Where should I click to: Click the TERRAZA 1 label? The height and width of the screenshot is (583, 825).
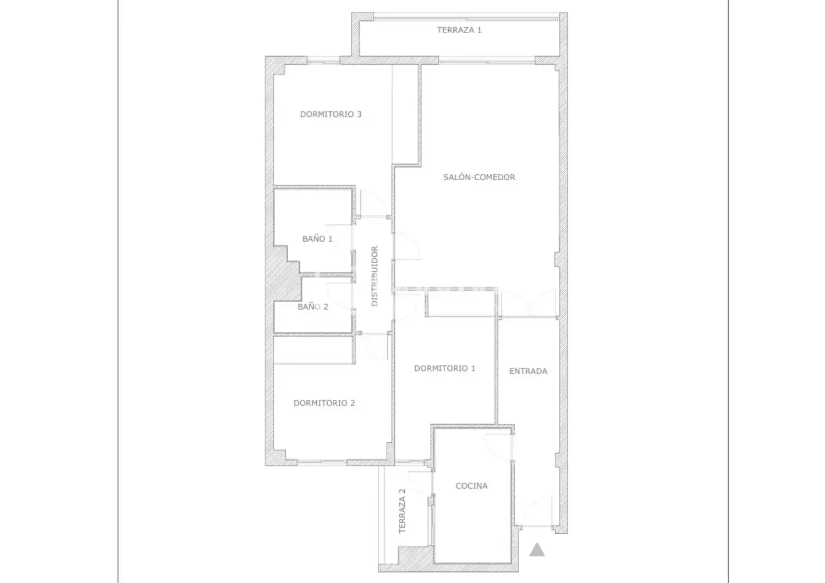click(x=459, y=30)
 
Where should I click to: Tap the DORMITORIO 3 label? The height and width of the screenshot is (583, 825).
click(x=331, y=114)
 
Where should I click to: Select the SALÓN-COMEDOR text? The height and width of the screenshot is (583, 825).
click(x=479, y=177)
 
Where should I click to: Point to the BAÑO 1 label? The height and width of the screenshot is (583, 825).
click(x=317, y=238)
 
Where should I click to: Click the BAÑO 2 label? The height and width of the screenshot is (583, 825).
click(x=313, y=307)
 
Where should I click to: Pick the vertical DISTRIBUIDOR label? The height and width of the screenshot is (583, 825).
click(x=375, y=276)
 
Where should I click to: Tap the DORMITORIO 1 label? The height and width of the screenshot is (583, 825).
click(x=444, y=368)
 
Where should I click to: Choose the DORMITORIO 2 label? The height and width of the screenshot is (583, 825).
click(x=324, y=403)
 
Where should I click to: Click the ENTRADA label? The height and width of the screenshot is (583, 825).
click(x=528, y=371)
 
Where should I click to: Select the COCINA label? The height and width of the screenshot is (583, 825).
click(x=471, y=486)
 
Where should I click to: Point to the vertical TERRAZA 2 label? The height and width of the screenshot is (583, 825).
click(x=402, y=511)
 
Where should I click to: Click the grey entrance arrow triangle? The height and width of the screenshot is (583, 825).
click(x=537, y=549)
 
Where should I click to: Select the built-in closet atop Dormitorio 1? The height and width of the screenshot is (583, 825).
click(x=460, y=303)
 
